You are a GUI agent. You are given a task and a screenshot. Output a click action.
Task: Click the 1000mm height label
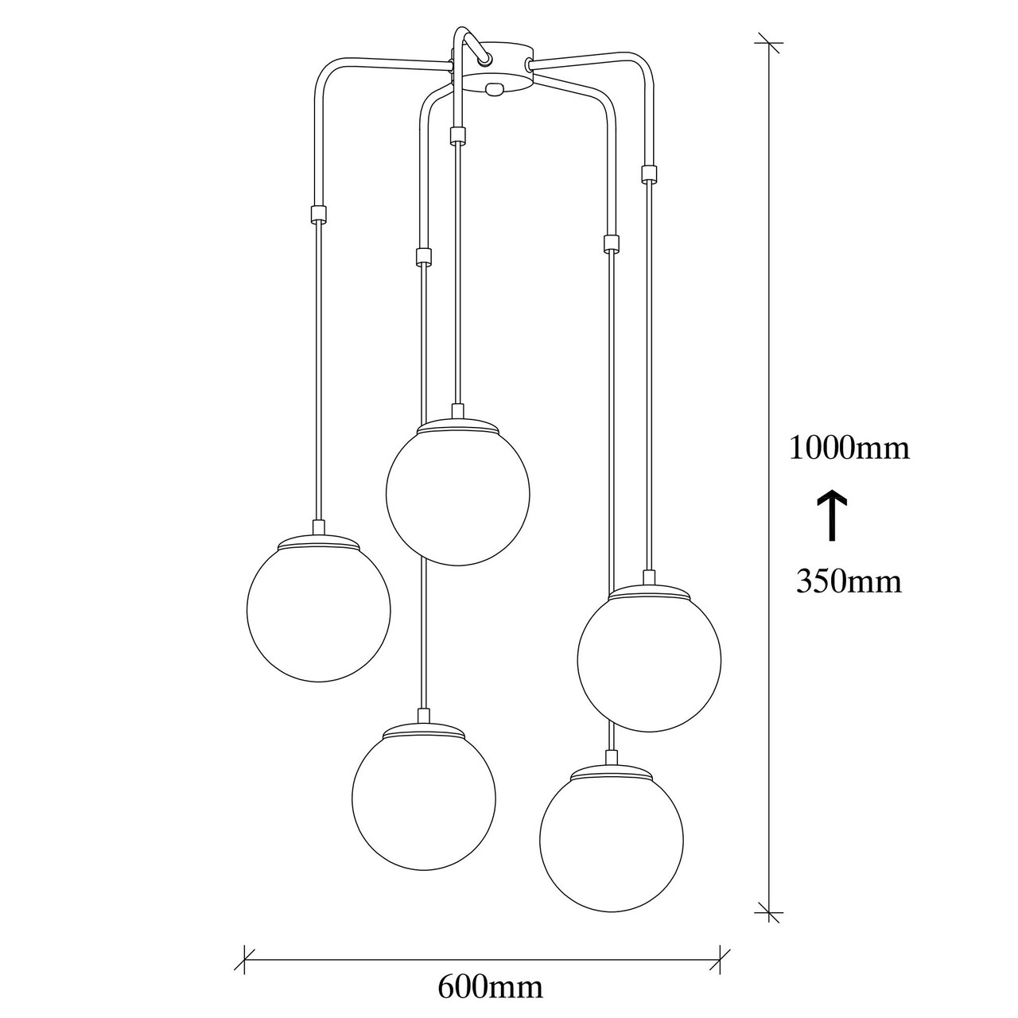pos(849,449)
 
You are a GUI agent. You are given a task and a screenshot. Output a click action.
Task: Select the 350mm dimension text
pos(849,581)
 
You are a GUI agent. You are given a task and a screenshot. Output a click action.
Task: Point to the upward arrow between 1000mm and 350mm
pos(832,515)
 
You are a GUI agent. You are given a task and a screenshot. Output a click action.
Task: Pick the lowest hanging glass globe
pos(612,840)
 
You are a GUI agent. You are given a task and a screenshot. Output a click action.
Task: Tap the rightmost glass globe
pos(649,660)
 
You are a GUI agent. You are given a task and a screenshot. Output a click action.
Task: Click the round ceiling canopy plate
pos(492,68)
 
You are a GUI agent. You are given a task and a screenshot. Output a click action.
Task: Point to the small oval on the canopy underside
pos(495,90)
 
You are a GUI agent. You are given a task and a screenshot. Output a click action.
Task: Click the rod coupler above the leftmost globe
pos(318,213)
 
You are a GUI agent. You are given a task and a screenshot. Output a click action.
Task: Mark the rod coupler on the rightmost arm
pos(649,174)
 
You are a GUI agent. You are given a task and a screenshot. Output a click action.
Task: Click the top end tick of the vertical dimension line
pos(768,42)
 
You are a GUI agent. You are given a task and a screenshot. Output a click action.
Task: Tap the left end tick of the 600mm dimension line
pos(244,946)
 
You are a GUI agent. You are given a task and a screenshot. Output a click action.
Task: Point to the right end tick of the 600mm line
pos(720,946)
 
